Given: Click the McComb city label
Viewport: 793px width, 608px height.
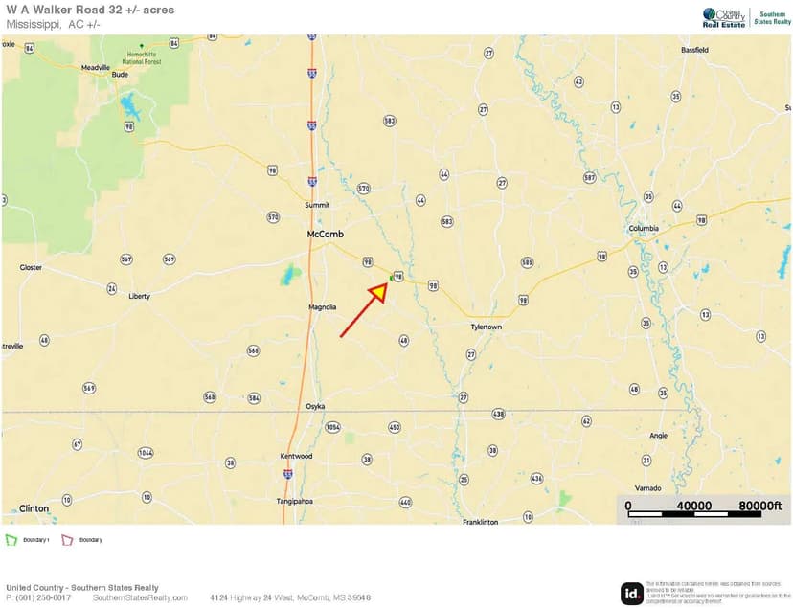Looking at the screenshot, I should click(x=325, y=234).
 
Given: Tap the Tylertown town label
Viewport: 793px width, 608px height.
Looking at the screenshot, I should click(x=487, y=327).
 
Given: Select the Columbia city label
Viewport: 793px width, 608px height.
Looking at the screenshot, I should click(x=644, y=229).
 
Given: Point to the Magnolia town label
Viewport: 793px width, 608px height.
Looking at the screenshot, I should click(x=323, y=307).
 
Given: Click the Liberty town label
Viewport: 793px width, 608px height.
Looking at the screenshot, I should click(x=139, y=297).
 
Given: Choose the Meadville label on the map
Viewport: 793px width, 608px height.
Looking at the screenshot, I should click(x=96, y=68).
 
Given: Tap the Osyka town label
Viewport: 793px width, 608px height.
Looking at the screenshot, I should click(x=316, y=406).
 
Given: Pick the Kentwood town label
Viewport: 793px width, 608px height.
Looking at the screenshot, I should click(x=296, y=456).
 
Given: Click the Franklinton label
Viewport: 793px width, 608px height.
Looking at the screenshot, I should click(x=481, y=522).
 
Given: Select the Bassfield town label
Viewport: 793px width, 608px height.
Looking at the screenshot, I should click(x=694, y=49).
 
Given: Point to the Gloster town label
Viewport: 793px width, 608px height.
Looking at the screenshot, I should click(x=31, y=268).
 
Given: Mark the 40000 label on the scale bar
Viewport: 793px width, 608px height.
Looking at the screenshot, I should click(x=694, y=506).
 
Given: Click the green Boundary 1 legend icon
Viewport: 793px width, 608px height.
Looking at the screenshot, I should click(x=11, y=540).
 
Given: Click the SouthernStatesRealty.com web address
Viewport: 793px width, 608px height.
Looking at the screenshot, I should click(x=140, y=597).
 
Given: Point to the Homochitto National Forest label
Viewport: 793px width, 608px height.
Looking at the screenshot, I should click(x=142, y=58).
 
